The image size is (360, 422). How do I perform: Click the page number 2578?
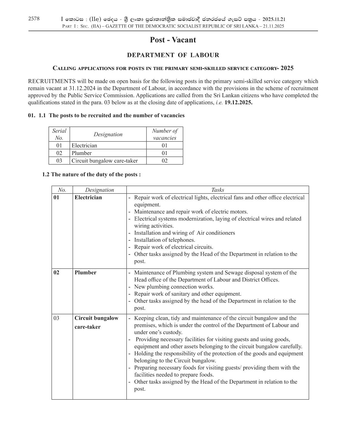coord(34,19)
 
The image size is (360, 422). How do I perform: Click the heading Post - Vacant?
coord(173,40)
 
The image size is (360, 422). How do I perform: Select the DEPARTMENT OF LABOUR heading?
coord(173,55)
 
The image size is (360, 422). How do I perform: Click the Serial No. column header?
coord(59,134)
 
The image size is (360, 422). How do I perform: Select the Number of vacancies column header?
coord(165,134)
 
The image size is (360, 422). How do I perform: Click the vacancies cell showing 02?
coord(165,161)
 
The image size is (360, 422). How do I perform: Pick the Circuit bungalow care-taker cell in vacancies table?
coord(105,161)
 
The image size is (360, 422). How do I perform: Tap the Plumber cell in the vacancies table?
coord(82,153)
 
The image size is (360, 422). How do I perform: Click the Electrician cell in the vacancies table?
coord(84,145)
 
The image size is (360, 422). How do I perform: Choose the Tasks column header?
coord(217,190)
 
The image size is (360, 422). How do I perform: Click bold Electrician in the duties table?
coord(88,197)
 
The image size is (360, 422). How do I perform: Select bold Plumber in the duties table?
coord(85,273)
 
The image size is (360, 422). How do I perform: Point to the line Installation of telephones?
coord(165,240)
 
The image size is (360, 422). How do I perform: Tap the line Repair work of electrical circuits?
coord(173,247)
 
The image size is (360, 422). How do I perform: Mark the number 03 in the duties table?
coord(56,318)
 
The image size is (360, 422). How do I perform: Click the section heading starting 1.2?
coord(91,174)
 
